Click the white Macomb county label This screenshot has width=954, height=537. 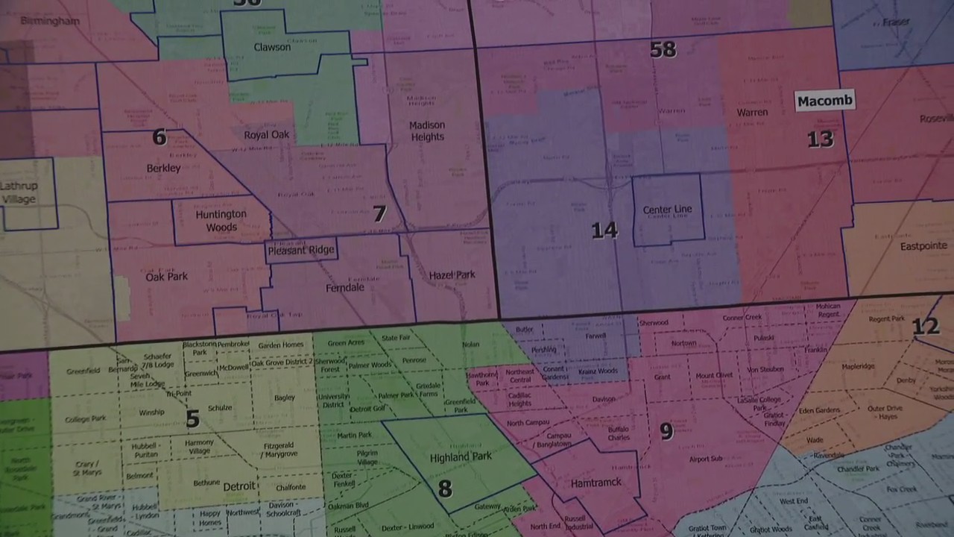[824, 101]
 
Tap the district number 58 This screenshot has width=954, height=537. [663, 49]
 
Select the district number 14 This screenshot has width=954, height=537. [604, 230]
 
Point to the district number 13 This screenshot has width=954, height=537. [820, 139]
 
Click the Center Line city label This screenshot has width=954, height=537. [667, 210]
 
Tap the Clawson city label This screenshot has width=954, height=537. [272, 47]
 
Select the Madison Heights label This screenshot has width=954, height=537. [427, 131]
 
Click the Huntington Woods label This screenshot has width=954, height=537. [221, 220]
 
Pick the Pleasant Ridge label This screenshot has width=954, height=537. [301, 250]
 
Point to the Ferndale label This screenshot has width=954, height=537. [345, 287]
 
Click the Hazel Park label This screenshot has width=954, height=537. [452, 275]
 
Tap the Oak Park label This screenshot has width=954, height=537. [166, 277]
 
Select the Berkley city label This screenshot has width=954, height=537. [163, 169]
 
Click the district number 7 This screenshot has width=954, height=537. [379, 214]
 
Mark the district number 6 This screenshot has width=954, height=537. [159, 136]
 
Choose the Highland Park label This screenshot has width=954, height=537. [461, 456]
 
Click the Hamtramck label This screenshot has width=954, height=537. [596, 483]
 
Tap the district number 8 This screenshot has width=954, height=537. [444, 489]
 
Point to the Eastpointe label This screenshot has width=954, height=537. [923, 245]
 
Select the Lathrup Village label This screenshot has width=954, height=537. [19, 192]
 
